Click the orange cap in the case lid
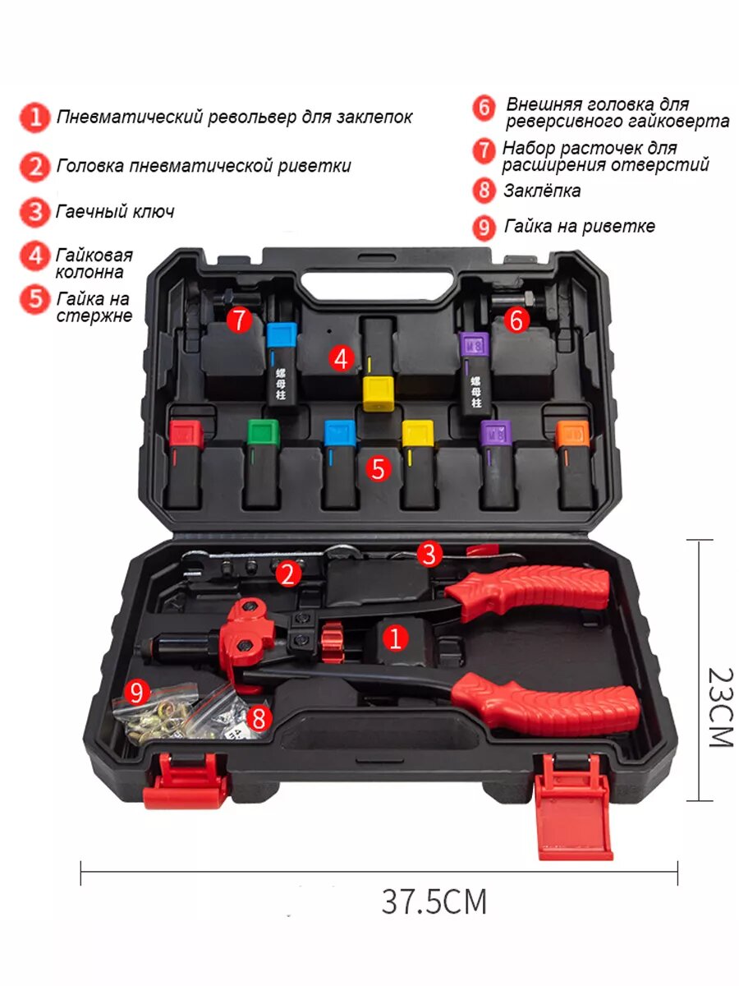[572, 432]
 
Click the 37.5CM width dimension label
[434, 901]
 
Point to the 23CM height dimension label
[719, 707]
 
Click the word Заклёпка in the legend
[542, 191]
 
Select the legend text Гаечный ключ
[115, 212]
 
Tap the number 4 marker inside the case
[342, 358]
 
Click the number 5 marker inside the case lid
[378, 468]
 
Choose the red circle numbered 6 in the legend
[484, 108]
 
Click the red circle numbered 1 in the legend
[35, 117]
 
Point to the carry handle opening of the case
[379, 285]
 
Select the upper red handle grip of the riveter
[534, 588]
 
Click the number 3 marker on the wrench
[429, 554]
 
